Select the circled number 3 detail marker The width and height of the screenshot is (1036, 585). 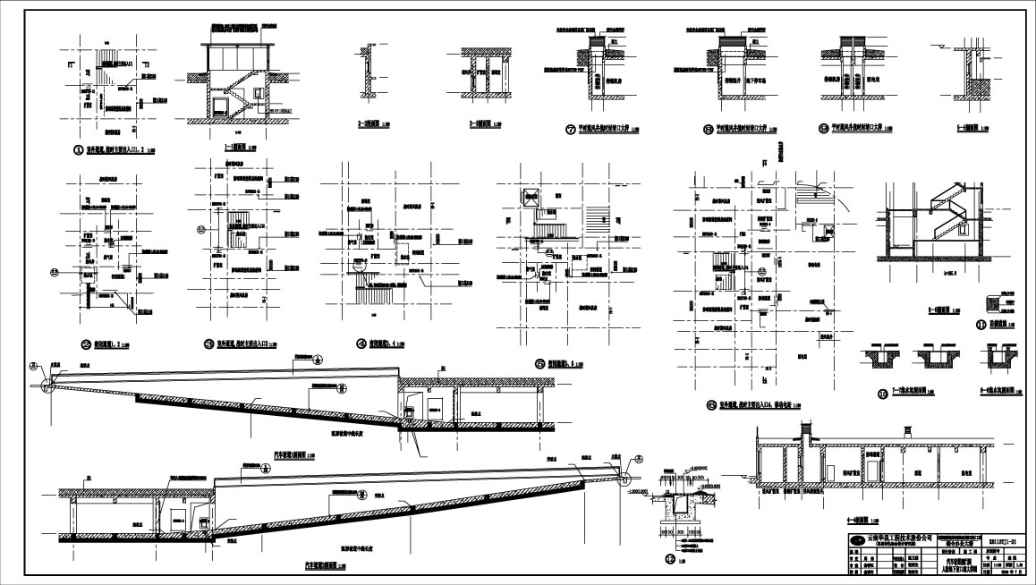coord(208,343)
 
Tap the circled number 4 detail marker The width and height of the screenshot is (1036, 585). coord(361,343)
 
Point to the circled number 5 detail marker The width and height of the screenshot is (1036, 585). coord(539,364)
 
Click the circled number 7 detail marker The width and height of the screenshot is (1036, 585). coord(570,129)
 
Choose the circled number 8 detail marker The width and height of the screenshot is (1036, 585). coord(708,129)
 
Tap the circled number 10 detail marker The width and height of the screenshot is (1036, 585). coord(881,392)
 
